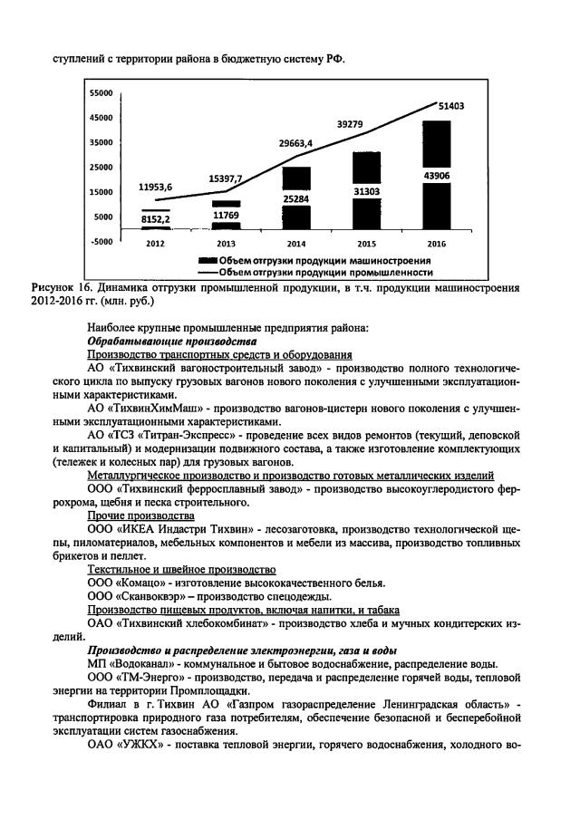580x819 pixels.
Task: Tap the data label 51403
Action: click(450, 106)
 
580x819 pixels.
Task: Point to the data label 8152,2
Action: click(155, 218)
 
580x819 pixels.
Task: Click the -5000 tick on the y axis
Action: click(100, 241)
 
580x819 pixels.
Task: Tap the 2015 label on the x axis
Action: click(366, 244)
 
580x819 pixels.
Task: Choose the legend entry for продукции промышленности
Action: click(317, 270)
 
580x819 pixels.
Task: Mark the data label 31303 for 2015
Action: click(366, 189)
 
